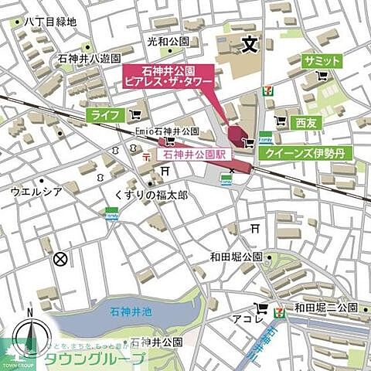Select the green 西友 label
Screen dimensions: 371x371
(307, 122)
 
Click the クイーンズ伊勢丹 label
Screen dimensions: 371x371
(305, 153)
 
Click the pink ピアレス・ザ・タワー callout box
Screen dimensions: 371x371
(168, 76)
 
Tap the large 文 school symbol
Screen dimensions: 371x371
(248, 45)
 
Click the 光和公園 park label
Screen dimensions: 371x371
(168, 40)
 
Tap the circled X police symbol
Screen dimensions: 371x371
(60, 260)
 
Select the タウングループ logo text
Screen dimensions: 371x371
(94, 359)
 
